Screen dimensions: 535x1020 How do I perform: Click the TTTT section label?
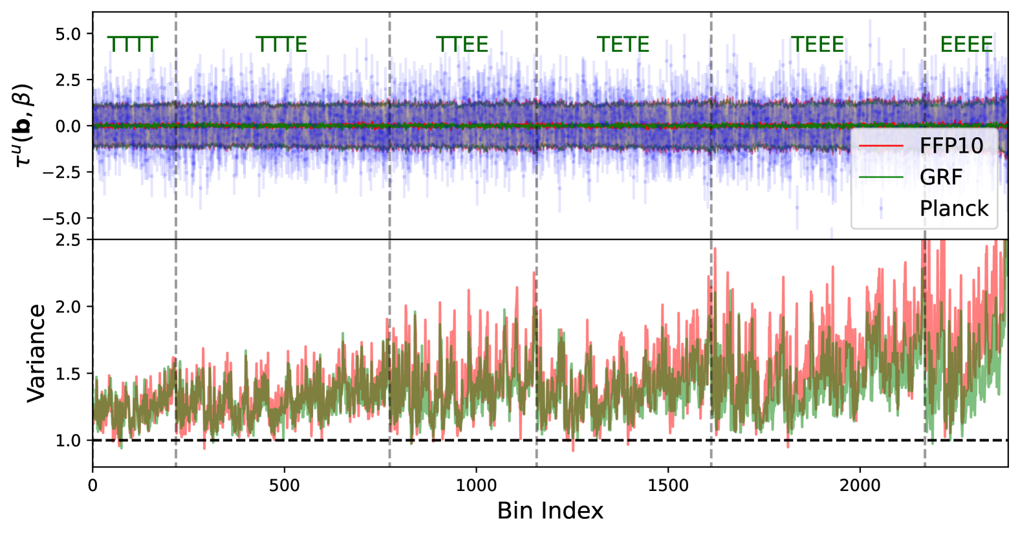click(x=133, y=45)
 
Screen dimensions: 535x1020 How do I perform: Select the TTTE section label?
click(x=281, y=45)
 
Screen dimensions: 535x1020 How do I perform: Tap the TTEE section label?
click(x=462, y=45)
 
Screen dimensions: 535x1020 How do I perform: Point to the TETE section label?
click(x=623, y=45)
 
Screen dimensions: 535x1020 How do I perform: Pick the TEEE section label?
click(x=818, y=45)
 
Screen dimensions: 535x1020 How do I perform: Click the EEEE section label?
click(x=966, y=45)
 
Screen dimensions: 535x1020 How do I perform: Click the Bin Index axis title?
click(x=550, y=511)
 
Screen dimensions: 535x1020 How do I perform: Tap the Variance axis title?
click(x=36, y=353)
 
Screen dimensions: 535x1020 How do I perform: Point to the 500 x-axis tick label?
click(x=284, y=485)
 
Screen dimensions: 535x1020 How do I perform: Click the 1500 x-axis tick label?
click(x=668, y=485)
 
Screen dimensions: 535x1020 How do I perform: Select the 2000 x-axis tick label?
click(x=860, y=485)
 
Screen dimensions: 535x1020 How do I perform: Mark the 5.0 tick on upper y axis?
click(x=69, y=34)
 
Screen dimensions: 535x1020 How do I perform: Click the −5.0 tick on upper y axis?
click(x=63, y=219)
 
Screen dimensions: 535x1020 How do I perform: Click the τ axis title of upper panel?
click(x=23, y=126)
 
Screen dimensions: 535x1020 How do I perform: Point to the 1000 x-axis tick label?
click(x=476, y=485)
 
